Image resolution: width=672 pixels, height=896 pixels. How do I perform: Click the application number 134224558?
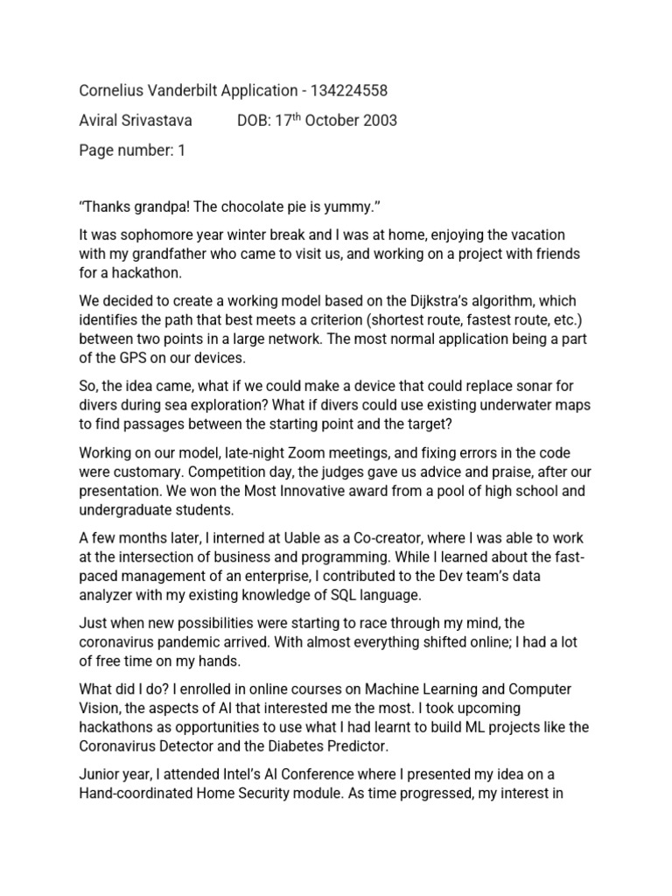(x=346, y=90)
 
